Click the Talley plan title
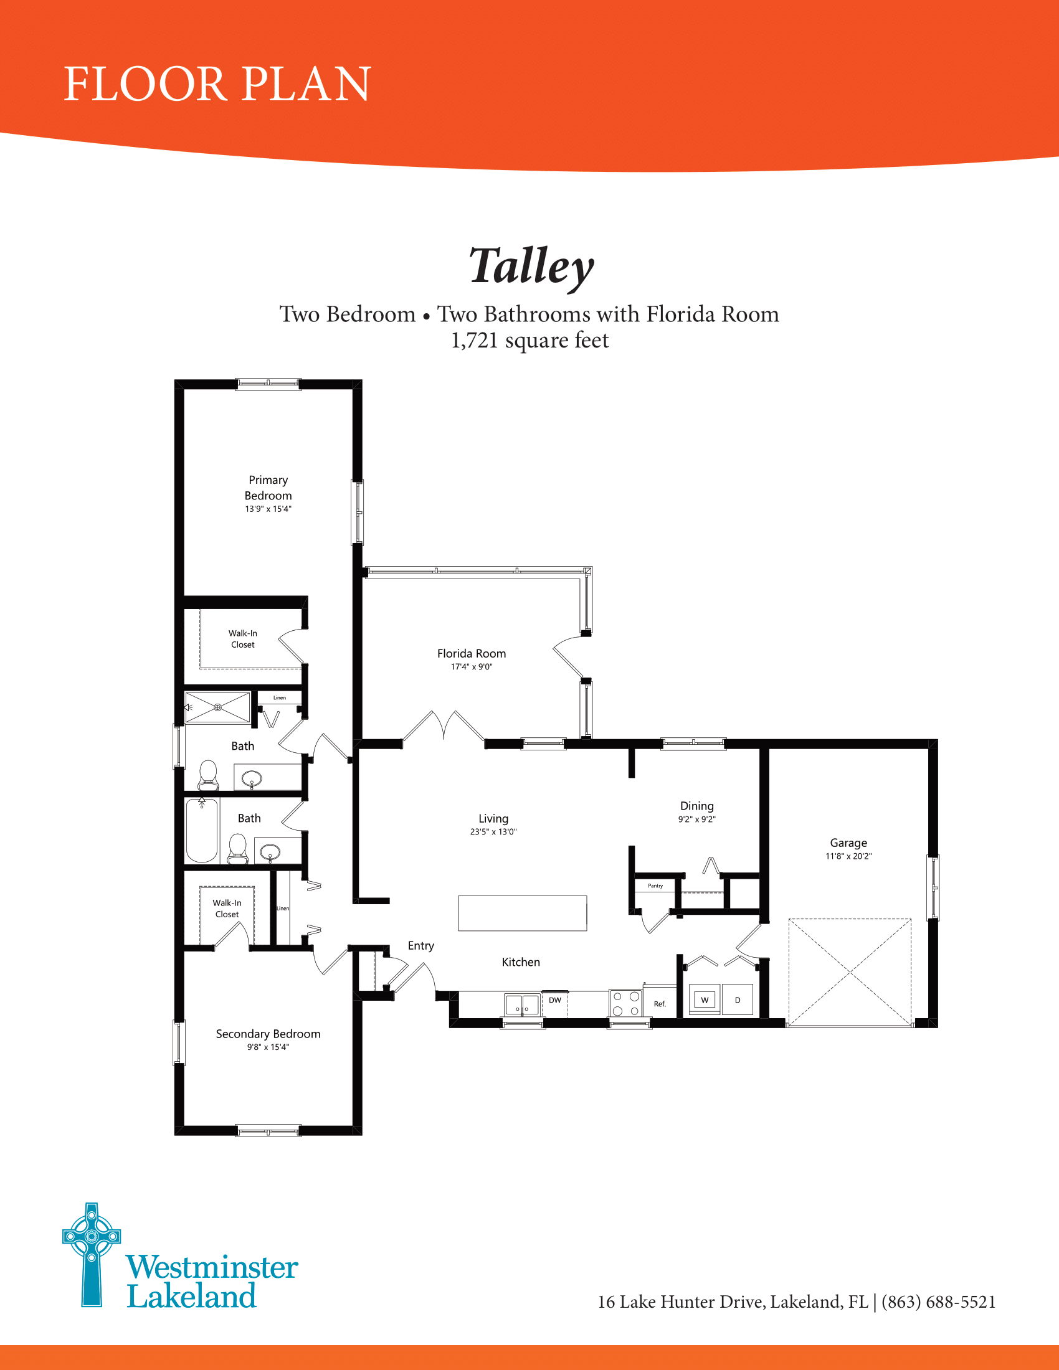pyautogui.click(x=531, y=266)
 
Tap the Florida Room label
pyautogui.click(x=471, y=654)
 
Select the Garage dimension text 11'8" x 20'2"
pyautogui.click(x=848, y=856)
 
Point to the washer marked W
pyautogui.click(x=705, y=1000)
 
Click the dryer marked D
pyautogui.click(x=737, y=1000)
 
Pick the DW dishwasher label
pyautogui.click(x=554, y=1000)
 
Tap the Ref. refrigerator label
pyautogui.click(x=659, y=1004)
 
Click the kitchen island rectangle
pyautogui.click(x=522, y=913)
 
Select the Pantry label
pyautogui.click(x=655, y=886)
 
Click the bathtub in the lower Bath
pyautogui.click(x=201, y=830)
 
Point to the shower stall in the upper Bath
pyautogui.click(x=217, y=707)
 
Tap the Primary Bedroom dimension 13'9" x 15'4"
pyautogui.click(x=268, y=509)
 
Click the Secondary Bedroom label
pyautogui.click(x=268, y=1034)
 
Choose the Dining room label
pyautogui.click(x=696, y=806)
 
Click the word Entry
pyautogui.click(x=420, y=945)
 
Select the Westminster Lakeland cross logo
pyautogui.click(x=92, y=1255)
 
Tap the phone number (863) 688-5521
pyautogui.click(x=938, y=1302)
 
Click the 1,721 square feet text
pyautogui.click(x=529, y=340)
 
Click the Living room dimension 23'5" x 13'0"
pyautogui.click(x=493, y=832)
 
